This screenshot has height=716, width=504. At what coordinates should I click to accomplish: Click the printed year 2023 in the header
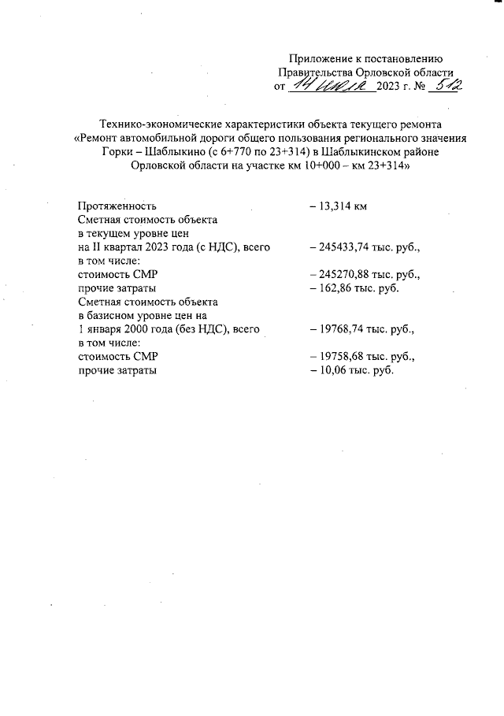390,87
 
